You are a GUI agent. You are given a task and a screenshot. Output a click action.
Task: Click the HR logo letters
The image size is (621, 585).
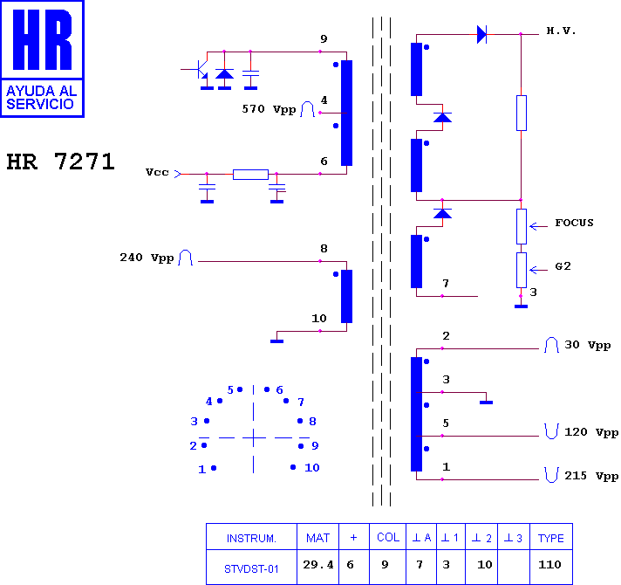(x=43, y=39)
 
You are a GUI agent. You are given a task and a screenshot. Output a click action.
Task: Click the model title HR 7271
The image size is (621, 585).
(x=60, y=162)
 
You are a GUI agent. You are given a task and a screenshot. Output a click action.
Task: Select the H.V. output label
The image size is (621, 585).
(x=561, y=31)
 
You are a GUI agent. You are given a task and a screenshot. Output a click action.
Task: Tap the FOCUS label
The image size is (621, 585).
(x=574, y=223)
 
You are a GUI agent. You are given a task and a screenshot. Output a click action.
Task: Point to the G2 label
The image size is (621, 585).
(x=563, y=266)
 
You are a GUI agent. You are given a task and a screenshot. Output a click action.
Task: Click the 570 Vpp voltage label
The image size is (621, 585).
(x=269, y=109)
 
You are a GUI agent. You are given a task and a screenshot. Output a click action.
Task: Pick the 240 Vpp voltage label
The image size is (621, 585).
(x=147, y=258)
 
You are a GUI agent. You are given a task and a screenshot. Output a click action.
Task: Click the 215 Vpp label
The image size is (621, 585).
(x=591, y=476)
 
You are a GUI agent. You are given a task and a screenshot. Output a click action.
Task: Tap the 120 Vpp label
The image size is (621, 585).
(x=591, y=432)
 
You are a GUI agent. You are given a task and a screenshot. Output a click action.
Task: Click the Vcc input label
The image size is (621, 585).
(x=157, y=172)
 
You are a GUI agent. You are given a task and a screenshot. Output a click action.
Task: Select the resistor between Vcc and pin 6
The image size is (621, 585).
(x=250, y=175)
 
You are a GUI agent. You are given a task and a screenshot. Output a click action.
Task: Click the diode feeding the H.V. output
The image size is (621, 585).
(x=481, y=34)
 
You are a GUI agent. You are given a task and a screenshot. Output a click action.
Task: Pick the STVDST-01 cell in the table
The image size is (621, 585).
(x=251, y=569)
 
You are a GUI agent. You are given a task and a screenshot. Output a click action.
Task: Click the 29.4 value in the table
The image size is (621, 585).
(x=318, y=564)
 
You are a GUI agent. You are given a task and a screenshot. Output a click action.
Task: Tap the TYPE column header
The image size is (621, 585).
(x=551, y=538)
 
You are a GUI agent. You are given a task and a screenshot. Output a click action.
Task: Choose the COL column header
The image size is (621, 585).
(x=388, y=538)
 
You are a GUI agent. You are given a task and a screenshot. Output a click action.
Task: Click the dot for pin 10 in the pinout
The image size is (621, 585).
(x=293, y=467)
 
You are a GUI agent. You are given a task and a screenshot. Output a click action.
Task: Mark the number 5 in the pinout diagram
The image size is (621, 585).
(x=230, y=390)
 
